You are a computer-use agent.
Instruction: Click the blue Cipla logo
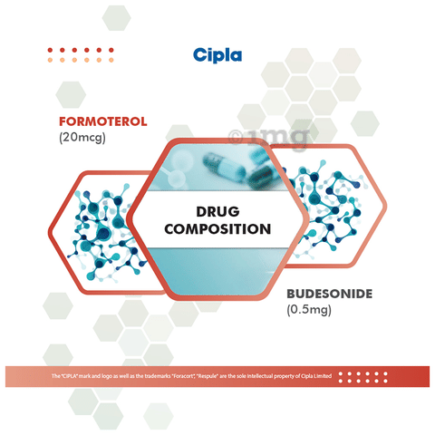click(217, 55)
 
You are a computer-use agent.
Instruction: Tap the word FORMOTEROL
click(103, 121)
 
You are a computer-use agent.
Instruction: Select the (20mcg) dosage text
click(82, 138)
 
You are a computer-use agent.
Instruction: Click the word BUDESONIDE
click(330, 294)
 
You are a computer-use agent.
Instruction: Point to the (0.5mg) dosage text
click(309, 310)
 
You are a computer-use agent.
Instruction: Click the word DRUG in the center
click(217, 211)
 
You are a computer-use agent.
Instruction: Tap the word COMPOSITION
click(217, 229)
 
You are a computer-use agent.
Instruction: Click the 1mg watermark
click(269, 138)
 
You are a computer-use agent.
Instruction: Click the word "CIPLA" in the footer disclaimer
click(70, 376)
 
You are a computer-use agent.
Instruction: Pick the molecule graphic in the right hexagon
click(326, 208)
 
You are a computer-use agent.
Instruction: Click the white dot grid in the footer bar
click(362, 377)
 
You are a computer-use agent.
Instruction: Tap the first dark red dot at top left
click(50, 50)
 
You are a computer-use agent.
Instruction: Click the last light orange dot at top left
click(111, 60)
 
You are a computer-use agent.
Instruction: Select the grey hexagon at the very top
click(116, 18)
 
